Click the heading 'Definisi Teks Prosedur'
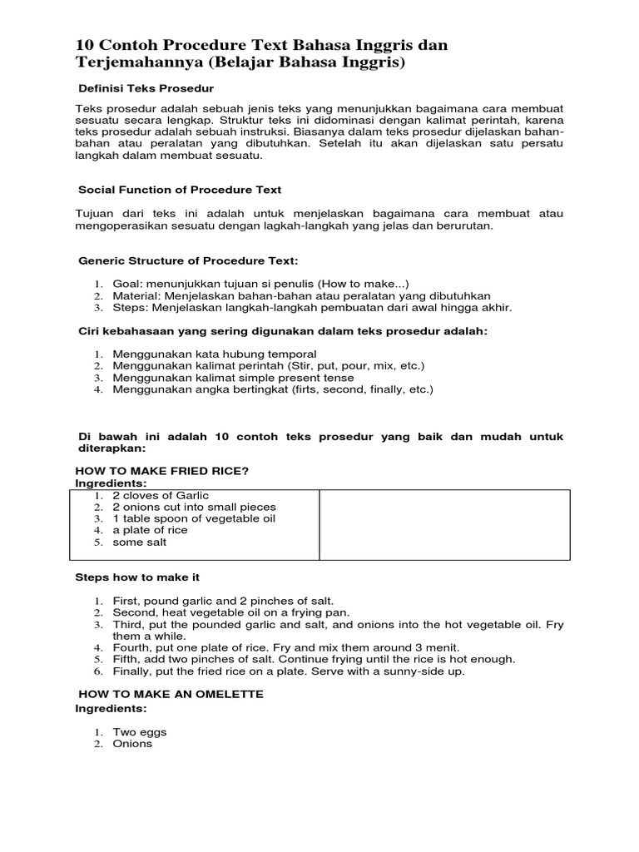(x=146, y=87)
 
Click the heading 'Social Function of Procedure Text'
(x=180, y=190)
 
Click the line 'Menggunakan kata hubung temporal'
(x=214, y=354)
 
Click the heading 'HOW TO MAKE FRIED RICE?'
(x=162, y=471)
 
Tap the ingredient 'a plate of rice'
(x=150, y=530)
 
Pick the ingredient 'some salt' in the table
(x=139, y=542)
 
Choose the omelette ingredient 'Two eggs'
(x=139, y=732)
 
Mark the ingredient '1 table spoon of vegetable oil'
(x=193, y=518)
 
